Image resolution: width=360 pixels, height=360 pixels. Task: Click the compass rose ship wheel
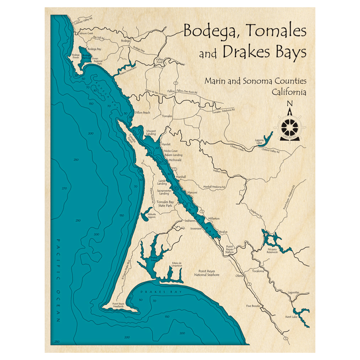tap(290, 126)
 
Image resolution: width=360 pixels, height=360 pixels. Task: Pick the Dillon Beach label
tap(142, 113)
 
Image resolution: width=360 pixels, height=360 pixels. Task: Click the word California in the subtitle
tap(289, 92)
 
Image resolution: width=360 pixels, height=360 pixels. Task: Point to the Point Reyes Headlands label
tap(120, 305)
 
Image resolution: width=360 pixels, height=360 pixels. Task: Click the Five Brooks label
tap(253, 306)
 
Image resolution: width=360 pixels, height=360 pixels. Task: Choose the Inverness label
tap(196, 228)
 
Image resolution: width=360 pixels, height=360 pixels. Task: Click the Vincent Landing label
tap(151, 132)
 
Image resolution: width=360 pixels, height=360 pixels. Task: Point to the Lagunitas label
tap(292, 293)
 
